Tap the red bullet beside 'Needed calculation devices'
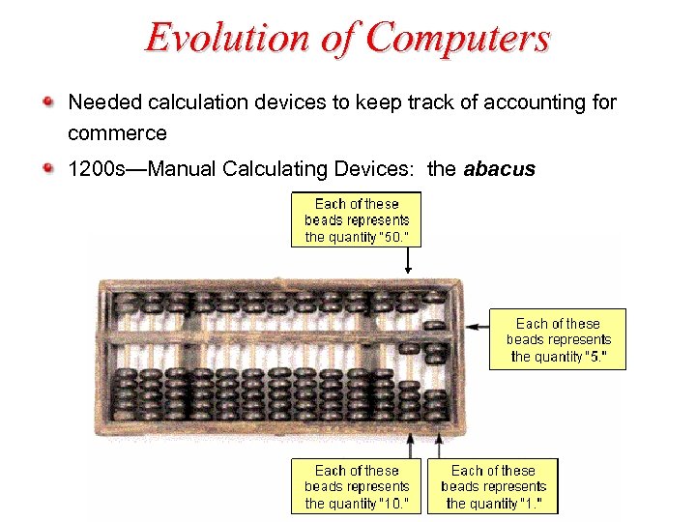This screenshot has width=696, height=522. coord(48,101)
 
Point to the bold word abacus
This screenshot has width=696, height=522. coord(499,169)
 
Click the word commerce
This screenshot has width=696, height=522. coord(117,131)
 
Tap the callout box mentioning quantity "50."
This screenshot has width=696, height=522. coord(357,220)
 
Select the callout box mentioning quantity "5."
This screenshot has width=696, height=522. coord(558,339)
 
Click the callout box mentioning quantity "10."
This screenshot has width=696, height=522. coord(357,486)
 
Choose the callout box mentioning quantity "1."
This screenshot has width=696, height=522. coord(493,486)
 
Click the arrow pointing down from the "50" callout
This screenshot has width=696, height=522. coord(409,260)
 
